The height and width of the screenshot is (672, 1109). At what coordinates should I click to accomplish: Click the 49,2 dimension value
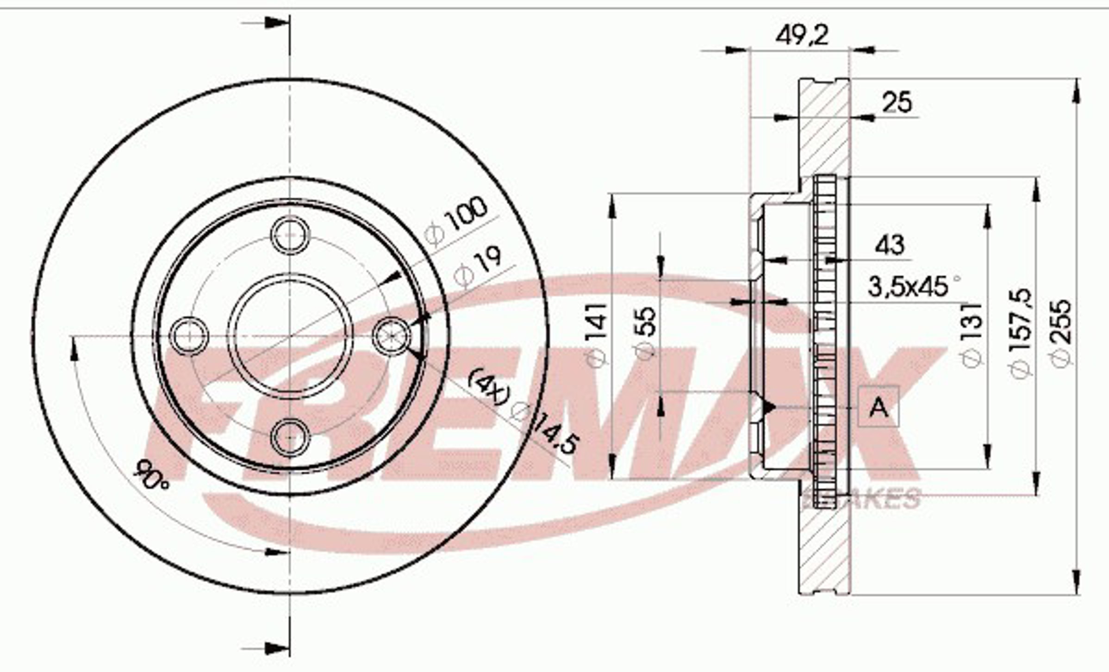(802, 36)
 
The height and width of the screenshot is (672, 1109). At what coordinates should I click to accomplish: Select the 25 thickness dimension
(897, 102)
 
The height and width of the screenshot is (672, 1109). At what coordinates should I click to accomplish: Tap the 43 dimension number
(889, 245)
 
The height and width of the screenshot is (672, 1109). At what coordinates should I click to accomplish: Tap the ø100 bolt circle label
(456, 220)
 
